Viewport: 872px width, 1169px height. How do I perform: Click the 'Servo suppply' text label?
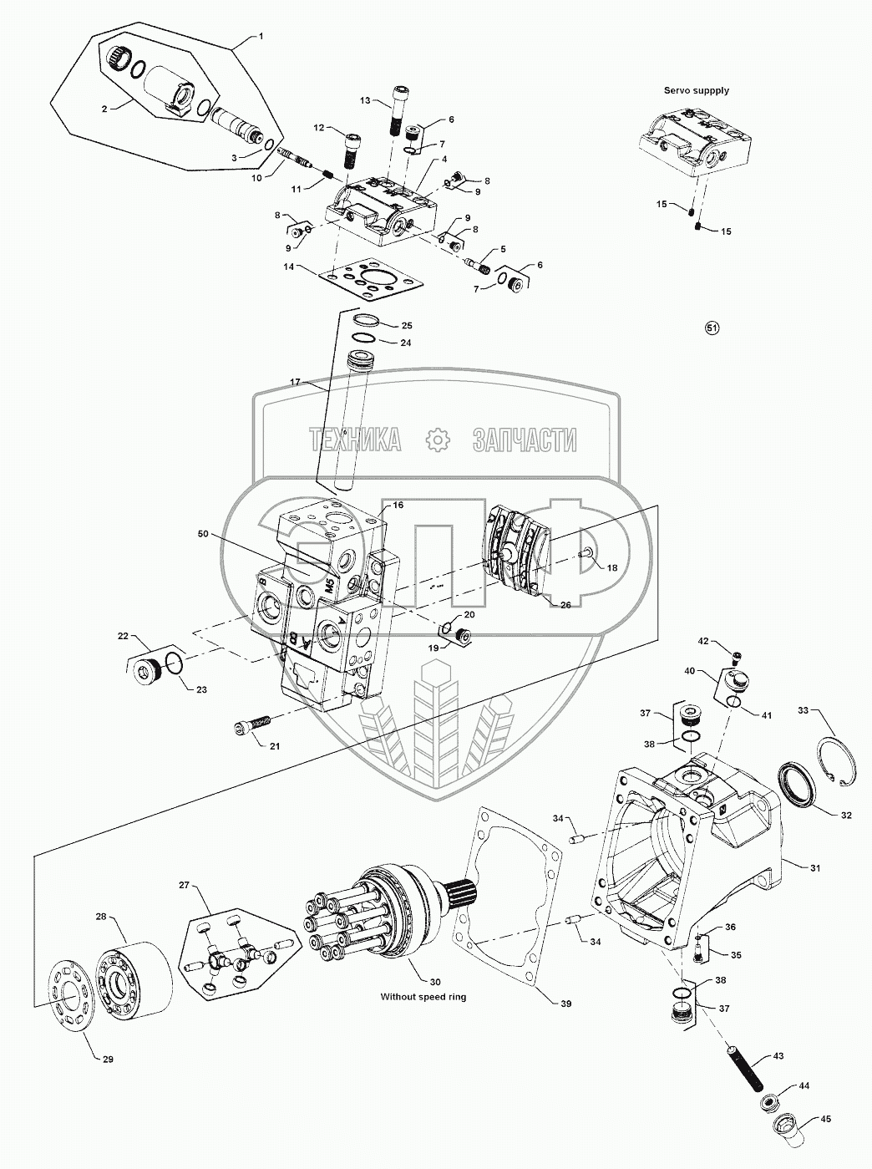696,90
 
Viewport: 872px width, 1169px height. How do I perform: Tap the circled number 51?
712,328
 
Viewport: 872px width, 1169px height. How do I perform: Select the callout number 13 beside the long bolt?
365,99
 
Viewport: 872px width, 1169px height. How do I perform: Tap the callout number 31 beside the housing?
815,867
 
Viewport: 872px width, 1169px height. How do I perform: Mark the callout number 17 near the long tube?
296,382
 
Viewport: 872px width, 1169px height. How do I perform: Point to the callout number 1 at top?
261,36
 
